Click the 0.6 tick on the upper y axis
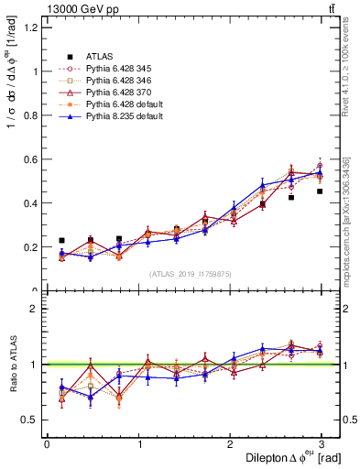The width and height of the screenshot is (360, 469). (31, 159)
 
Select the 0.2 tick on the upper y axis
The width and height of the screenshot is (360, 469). (31, 247)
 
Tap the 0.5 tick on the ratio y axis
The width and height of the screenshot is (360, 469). (31, 420)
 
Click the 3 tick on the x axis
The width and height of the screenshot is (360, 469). (321, 443)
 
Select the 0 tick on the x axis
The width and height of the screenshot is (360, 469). (47, 443)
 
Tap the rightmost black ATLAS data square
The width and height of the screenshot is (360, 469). (320, 191)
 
